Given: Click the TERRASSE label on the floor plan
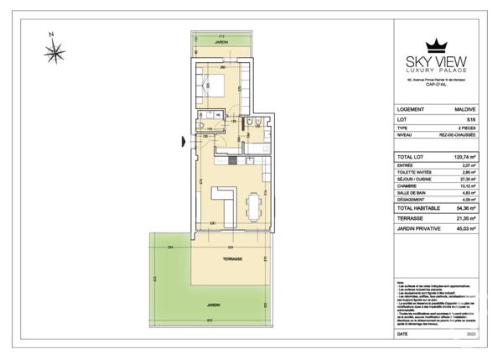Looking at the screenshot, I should [232, 259].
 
